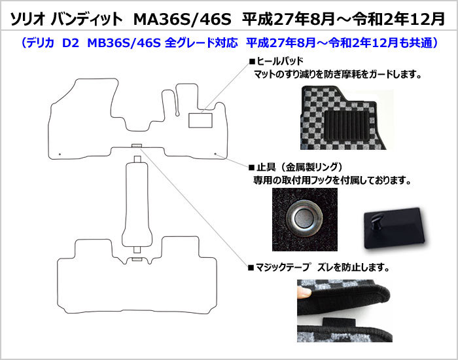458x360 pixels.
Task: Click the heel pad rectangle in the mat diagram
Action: pos(200,120)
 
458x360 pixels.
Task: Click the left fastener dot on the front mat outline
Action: pos(60,154)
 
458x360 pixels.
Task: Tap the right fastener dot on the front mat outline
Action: pos(215,154)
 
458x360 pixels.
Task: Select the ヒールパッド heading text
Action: pos(280,61)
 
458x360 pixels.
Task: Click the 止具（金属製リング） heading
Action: pos(299,168)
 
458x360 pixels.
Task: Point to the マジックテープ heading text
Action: pos(283,267)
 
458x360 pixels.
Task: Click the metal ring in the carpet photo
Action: pos(304,218)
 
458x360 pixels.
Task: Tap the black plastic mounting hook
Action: pos(393,227)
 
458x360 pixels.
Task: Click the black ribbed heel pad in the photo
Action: pos(346,124)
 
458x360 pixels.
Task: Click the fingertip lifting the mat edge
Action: pos(304,292)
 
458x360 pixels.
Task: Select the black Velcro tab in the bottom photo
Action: pos(339,321)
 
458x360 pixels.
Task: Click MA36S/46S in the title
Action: pos(183,19)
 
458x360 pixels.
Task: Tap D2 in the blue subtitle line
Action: pos(71,44)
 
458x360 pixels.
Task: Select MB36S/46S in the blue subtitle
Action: pos(124,44)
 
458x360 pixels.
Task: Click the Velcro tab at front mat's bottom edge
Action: pos(136,146)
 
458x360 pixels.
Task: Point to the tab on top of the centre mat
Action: pos(137,159)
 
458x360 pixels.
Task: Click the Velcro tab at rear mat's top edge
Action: pos(137,259)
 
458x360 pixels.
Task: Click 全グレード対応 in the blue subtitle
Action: pos(202,44)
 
